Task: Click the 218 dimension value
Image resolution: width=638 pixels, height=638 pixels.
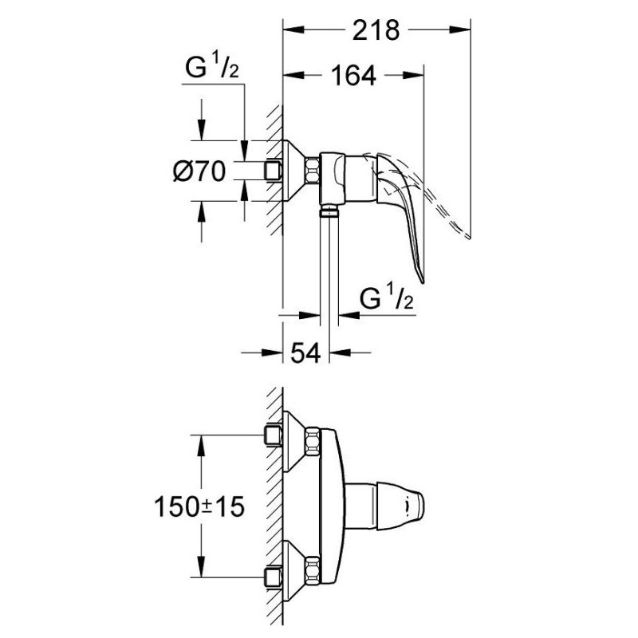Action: coord(376,30)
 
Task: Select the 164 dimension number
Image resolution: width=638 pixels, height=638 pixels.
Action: coord(353,75)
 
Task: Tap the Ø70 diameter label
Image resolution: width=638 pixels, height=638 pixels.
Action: coord(199,171)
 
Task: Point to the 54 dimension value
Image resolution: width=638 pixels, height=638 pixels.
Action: coord(305,352)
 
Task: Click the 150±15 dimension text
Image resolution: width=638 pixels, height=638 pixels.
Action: coord(199,507)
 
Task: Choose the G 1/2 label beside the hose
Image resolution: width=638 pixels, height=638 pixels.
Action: coord(386,297)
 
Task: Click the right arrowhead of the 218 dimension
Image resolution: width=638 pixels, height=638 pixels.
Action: coord(460,30)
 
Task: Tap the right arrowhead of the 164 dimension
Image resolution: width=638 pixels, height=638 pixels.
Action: coord(414,75)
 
